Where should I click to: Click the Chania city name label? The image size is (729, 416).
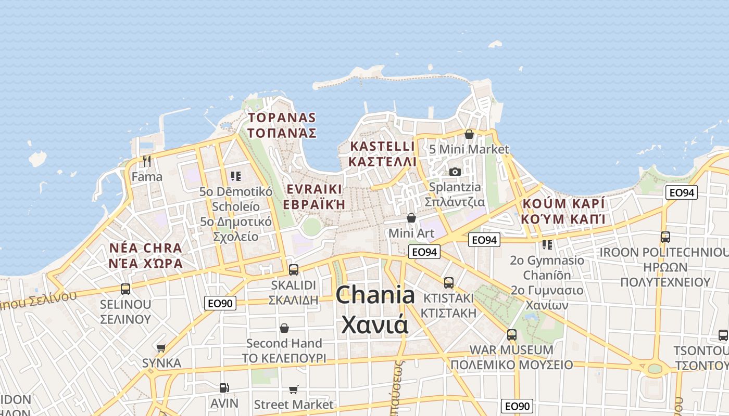[375, 310]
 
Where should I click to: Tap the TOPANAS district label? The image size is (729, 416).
[282, 125]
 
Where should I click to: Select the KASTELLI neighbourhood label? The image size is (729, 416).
[383, 153]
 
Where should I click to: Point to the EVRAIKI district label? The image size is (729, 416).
[313, 196]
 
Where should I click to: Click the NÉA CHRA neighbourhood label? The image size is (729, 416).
[146, 255]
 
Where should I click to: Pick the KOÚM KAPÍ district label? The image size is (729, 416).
[563, 211]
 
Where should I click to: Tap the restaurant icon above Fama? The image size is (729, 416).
[147, 161]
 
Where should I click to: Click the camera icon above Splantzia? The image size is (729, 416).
[455, 172]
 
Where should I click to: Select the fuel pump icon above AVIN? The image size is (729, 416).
[224, 387]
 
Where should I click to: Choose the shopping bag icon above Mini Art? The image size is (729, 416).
[411, 218]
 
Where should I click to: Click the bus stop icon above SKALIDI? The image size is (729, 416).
[294, 269]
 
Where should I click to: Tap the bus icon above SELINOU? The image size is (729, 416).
[125, 289]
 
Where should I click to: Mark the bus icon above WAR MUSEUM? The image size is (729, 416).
[512, 334]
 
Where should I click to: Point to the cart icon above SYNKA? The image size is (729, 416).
[161, 348]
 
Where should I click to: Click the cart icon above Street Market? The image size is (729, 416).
[294, 389]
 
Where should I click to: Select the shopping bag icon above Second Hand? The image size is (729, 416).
[284, 328]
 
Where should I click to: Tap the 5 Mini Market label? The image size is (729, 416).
[469, 149]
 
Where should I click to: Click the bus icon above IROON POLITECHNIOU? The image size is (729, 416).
[665, 237]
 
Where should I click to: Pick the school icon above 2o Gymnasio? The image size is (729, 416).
[547, 244]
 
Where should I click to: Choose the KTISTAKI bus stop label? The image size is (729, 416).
[448, 305]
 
